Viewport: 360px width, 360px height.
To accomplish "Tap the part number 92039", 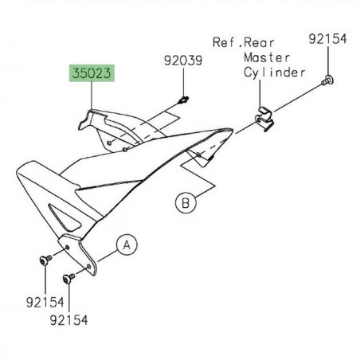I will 183,61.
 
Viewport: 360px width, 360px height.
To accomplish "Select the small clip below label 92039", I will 183,100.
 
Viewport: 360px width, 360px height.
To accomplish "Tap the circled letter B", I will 185,204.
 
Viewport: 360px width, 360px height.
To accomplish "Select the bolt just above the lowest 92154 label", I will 67,278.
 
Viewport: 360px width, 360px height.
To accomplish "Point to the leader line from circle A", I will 106,249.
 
